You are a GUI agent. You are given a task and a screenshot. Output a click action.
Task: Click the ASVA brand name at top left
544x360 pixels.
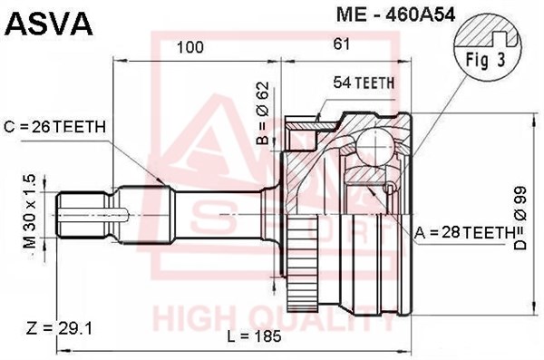point(50,24)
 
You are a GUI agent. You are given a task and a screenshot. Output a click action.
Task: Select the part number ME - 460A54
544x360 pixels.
point(395,15)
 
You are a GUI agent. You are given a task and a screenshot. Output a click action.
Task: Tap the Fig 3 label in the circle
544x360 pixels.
point(485,60)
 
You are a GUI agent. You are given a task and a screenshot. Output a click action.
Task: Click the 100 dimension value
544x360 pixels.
point(190,47)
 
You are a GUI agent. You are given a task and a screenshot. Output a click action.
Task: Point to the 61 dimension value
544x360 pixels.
point(342,44)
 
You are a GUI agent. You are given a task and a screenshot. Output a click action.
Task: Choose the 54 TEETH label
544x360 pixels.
point(364,83)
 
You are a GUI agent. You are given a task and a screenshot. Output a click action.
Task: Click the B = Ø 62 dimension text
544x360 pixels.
point(263,112)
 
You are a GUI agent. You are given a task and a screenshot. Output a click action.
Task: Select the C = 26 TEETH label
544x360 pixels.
point(54,127)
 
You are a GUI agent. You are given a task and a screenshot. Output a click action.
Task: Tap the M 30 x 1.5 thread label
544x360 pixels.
point(30,212)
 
